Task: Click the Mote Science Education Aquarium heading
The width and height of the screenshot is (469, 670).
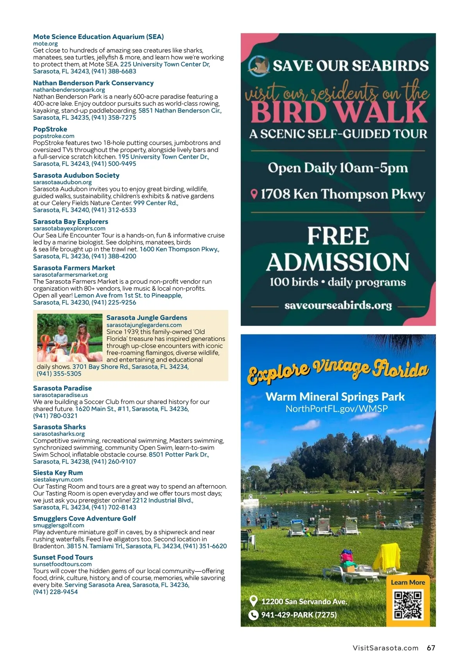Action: click(x=98, y=37)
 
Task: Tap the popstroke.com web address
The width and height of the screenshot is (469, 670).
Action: click(x=54, y=136)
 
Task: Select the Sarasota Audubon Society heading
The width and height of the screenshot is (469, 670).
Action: click(x=76, y=176)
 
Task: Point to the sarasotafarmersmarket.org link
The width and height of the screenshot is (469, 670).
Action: click(x=70, y=275)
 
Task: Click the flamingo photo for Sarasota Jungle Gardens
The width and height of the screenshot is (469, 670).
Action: click(x=69, y=338)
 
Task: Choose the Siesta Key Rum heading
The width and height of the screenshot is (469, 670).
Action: click(x=58, y=473)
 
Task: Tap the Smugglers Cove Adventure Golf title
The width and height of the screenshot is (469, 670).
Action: click(x=84, y=518)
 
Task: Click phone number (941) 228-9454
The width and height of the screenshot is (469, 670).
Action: click(x=55, y=592)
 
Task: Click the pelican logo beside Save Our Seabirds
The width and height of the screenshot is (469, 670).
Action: click(x=259, y=65)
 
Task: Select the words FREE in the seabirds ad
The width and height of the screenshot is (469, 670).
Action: click(x=338, y=236)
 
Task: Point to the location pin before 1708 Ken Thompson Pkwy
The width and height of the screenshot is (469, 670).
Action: click(x=254, y=194)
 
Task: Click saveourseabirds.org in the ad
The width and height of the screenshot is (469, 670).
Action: click(x=338, y=305)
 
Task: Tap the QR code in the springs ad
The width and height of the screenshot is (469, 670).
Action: click(x=408, y=605)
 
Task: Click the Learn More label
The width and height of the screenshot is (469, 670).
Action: click(x=408, y=582)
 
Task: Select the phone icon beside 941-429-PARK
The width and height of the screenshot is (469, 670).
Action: click(x=253, y=615)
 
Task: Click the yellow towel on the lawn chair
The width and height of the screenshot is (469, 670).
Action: click(x=387, y=557)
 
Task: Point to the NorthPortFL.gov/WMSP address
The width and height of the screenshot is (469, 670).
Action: click(x=337, y=409)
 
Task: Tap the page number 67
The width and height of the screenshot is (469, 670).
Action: click(x=431, y=648)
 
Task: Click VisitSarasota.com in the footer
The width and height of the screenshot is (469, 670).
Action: click(x=385, y=648)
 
